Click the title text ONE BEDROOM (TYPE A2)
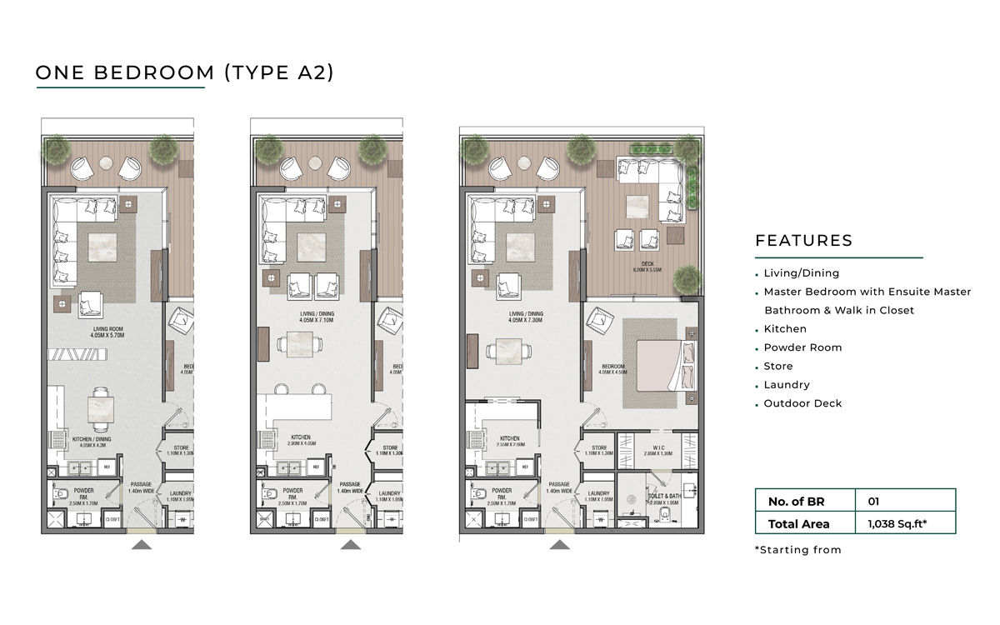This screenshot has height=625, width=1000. click(184, 72)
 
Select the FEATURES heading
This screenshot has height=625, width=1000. click(803, 241)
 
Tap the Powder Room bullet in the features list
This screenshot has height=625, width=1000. click(802, 347)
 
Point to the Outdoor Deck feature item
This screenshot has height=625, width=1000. click(802, 403)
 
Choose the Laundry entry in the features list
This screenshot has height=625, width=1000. click(787, 385)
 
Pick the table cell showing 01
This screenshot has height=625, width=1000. click(873, 502)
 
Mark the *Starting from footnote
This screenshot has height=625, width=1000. click(797, 550)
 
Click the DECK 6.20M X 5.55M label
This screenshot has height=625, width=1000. click(647, 267)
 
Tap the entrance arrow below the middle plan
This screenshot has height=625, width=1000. click(351, 545)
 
